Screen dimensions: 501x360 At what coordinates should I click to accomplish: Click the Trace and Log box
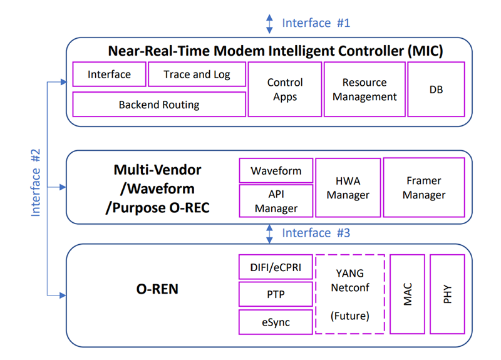click(197, 75)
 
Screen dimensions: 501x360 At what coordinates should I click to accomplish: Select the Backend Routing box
click(159, 105)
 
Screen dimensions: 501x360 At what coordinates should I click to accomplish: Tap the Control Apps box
click(285, 90)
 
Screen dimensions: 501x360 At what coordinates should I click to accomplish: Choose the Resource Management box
click(364, 90)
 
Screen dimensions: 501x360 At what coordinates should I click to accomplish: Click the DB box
click(436, 90)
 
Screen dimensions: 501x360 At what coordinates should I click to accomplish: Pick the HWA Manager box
click(348, 188)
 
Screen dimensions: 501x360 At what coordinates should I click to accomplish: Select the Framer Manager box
click(424, 188)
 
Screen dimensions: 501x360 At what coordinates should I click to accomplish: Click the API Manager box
click(276, 201)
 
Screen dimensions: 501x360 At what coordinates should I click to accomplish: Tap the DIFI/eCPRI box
click(276, 267)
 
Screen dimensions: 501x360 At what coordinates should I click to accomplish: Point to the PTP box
click(276, 294)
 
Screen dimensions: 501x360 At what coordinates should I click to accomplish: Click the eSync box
click(276, 322)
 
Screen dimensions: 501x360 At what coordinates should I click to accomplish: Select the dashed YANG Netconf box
click(350, 294)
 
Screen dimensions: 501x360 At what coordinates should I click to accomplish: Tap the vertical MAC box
click(408, 294)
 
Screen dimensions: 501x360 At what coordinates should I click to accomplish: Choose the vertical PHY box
click(447, 294)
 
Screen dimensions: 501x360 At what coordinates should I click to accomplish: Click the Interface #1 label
click(316, 23)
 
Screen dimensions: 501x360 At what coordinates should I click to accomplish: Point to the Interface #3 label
click(316, 233)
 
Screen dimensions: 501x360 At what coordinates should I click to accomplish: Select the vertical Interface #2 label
click(36, 183)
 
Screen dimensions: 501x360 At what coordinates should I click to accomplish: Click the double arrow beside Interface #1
click(270, 24)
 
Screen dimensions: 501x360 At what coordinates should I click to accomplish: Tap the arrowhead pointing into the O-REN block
click(63, 296)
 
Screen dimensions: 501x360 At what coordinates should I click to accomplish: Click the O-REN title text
click(157, 289)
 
